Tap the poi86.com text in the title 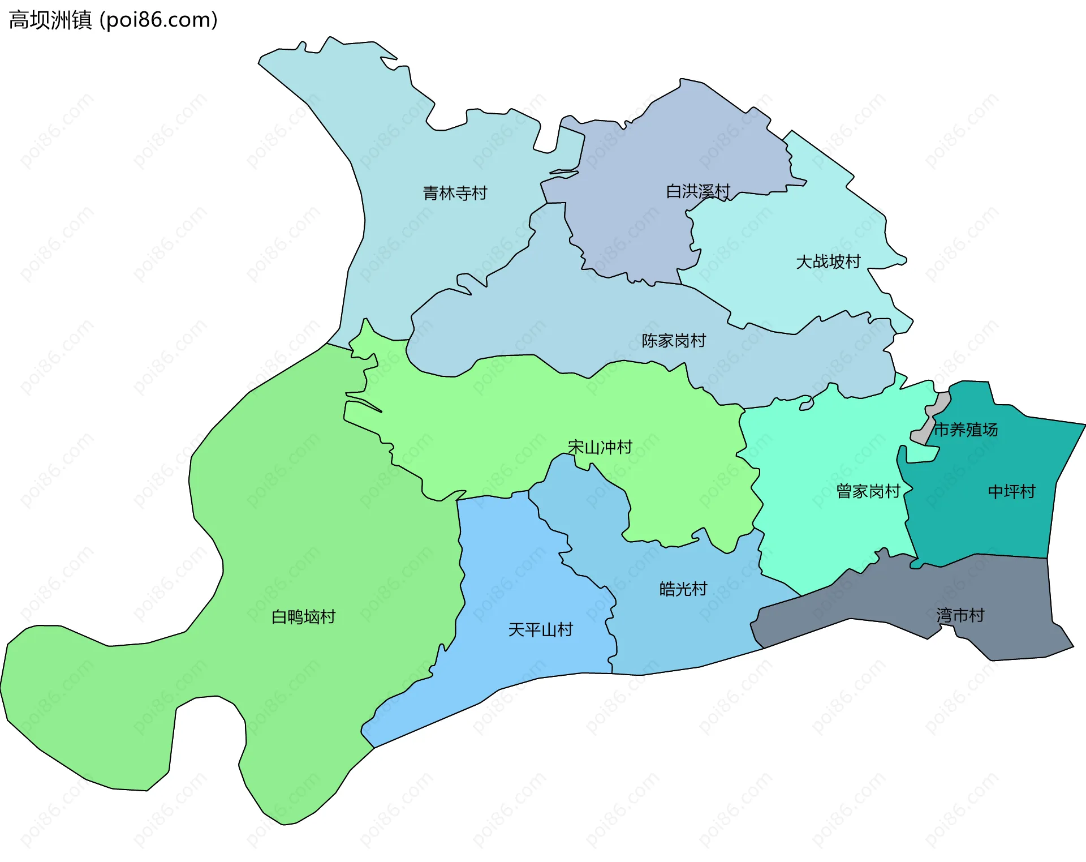click(x=158, y=20)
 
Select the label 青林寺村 click(x=455, y=193)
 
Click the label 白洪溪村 click(x=697, y=191)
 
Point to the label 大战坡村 click(x=828, y=261)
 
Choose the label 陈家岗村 click(x=673, y=340)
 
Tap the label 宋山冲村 click(x=600, y=447)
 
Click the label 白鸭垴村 click(x=303, y=616)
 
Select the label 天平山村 click(x=540, y=629)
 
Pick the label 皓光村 click(x=683, y=589)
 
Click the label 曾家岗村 click(x=868, y=491)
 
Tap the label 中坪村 click(x=1011, y=491)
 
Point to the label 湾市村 click(x=960, y=615)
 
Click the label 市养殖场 click(x=965, y=430)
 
